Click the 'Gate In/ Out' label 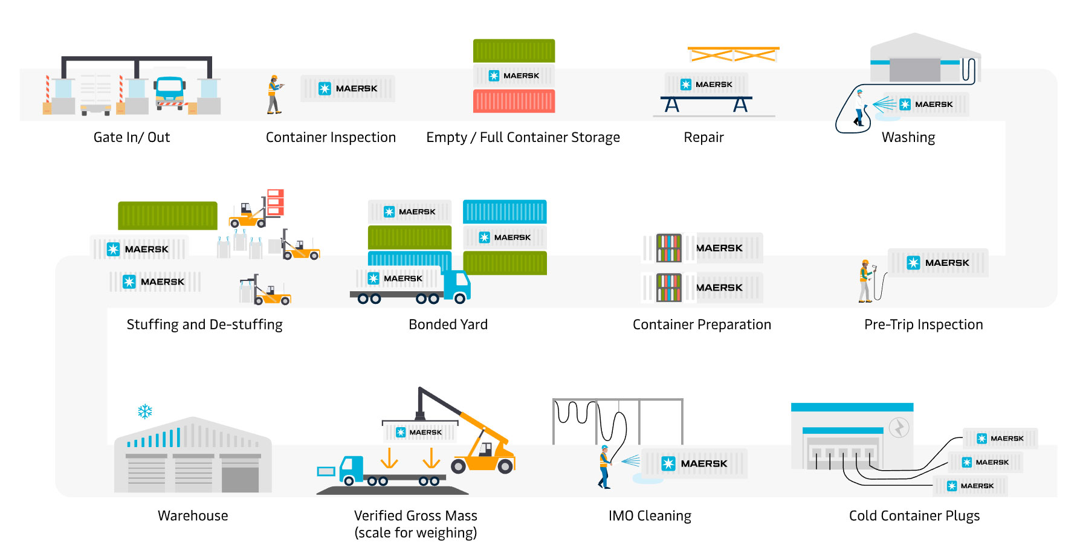click(x=132, y=137)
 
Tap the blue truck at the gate click(x=170, y=92)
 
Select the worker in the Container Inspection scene click(x=274, y=95)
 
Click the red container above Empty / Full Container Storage click(x=514, y=101)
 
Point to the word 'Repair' click(x=703, y=137)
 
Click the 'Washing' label click(x=908, y=138)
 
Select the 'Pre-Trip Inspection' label click(x=923, y=324)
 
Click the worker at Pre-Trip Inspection click(x=865, y=281)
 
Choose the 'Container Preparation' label click(x=702, y=324)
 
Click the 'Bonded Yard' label click(x=448, y=324)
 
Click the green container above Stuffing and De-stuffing click(x=167, y=216)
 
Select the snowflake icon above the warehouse click(x=145, y=411)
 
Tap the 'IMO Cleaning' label click(x=650, y=515)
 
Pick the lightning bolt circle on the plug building click(x=899, y=428)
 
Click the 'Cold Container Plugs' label click(x=914, y=515)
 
